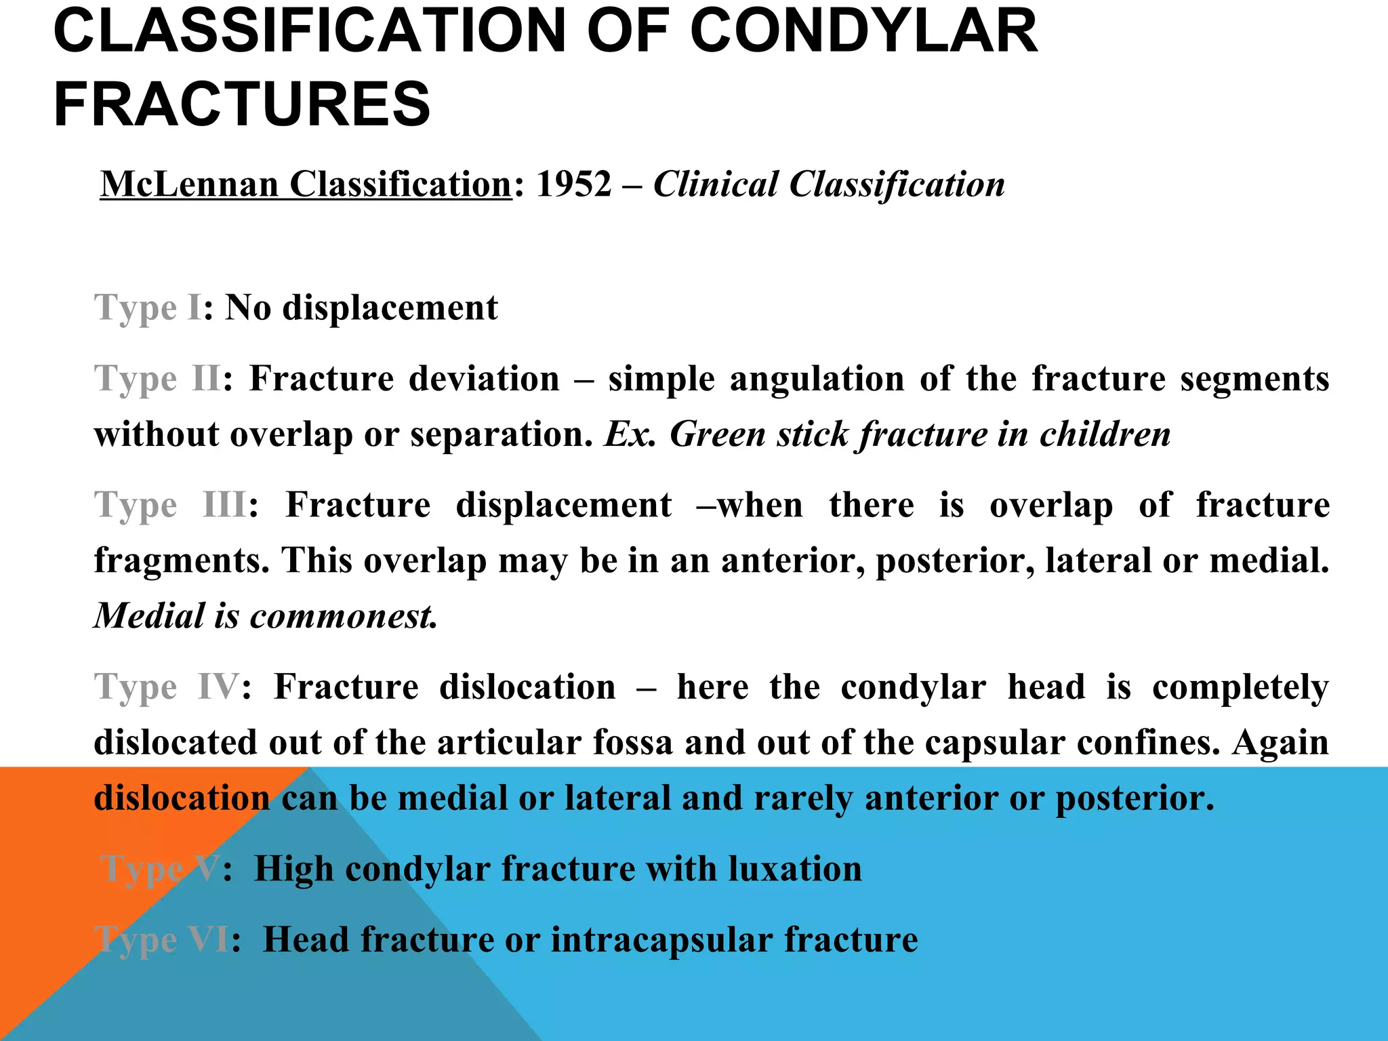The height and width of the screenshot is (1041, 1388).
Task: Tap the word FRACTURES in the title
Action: (x=242, y=104)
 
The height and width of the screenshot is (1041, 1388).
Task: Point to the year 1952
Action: (x=573, y=184)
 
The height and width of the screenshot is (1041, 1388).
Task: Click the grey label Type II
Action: (x=157, y=379)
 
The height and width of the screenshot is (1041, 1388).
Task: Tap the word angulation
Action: (x=817, y=379)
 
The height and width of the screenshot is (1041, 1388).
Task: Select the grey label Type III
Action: (x=169, y=506)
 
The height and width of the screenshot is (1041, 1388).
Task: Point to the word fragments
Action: (x=182, y=561)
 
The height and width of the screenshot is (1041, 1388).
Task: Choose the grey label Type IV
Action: (x=167, y=687)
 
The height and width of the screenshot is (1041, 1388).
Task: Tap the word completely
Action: (x=1240, y=687)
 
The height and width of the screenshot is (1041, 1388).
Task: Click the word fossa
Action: (x=632, y=743)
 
